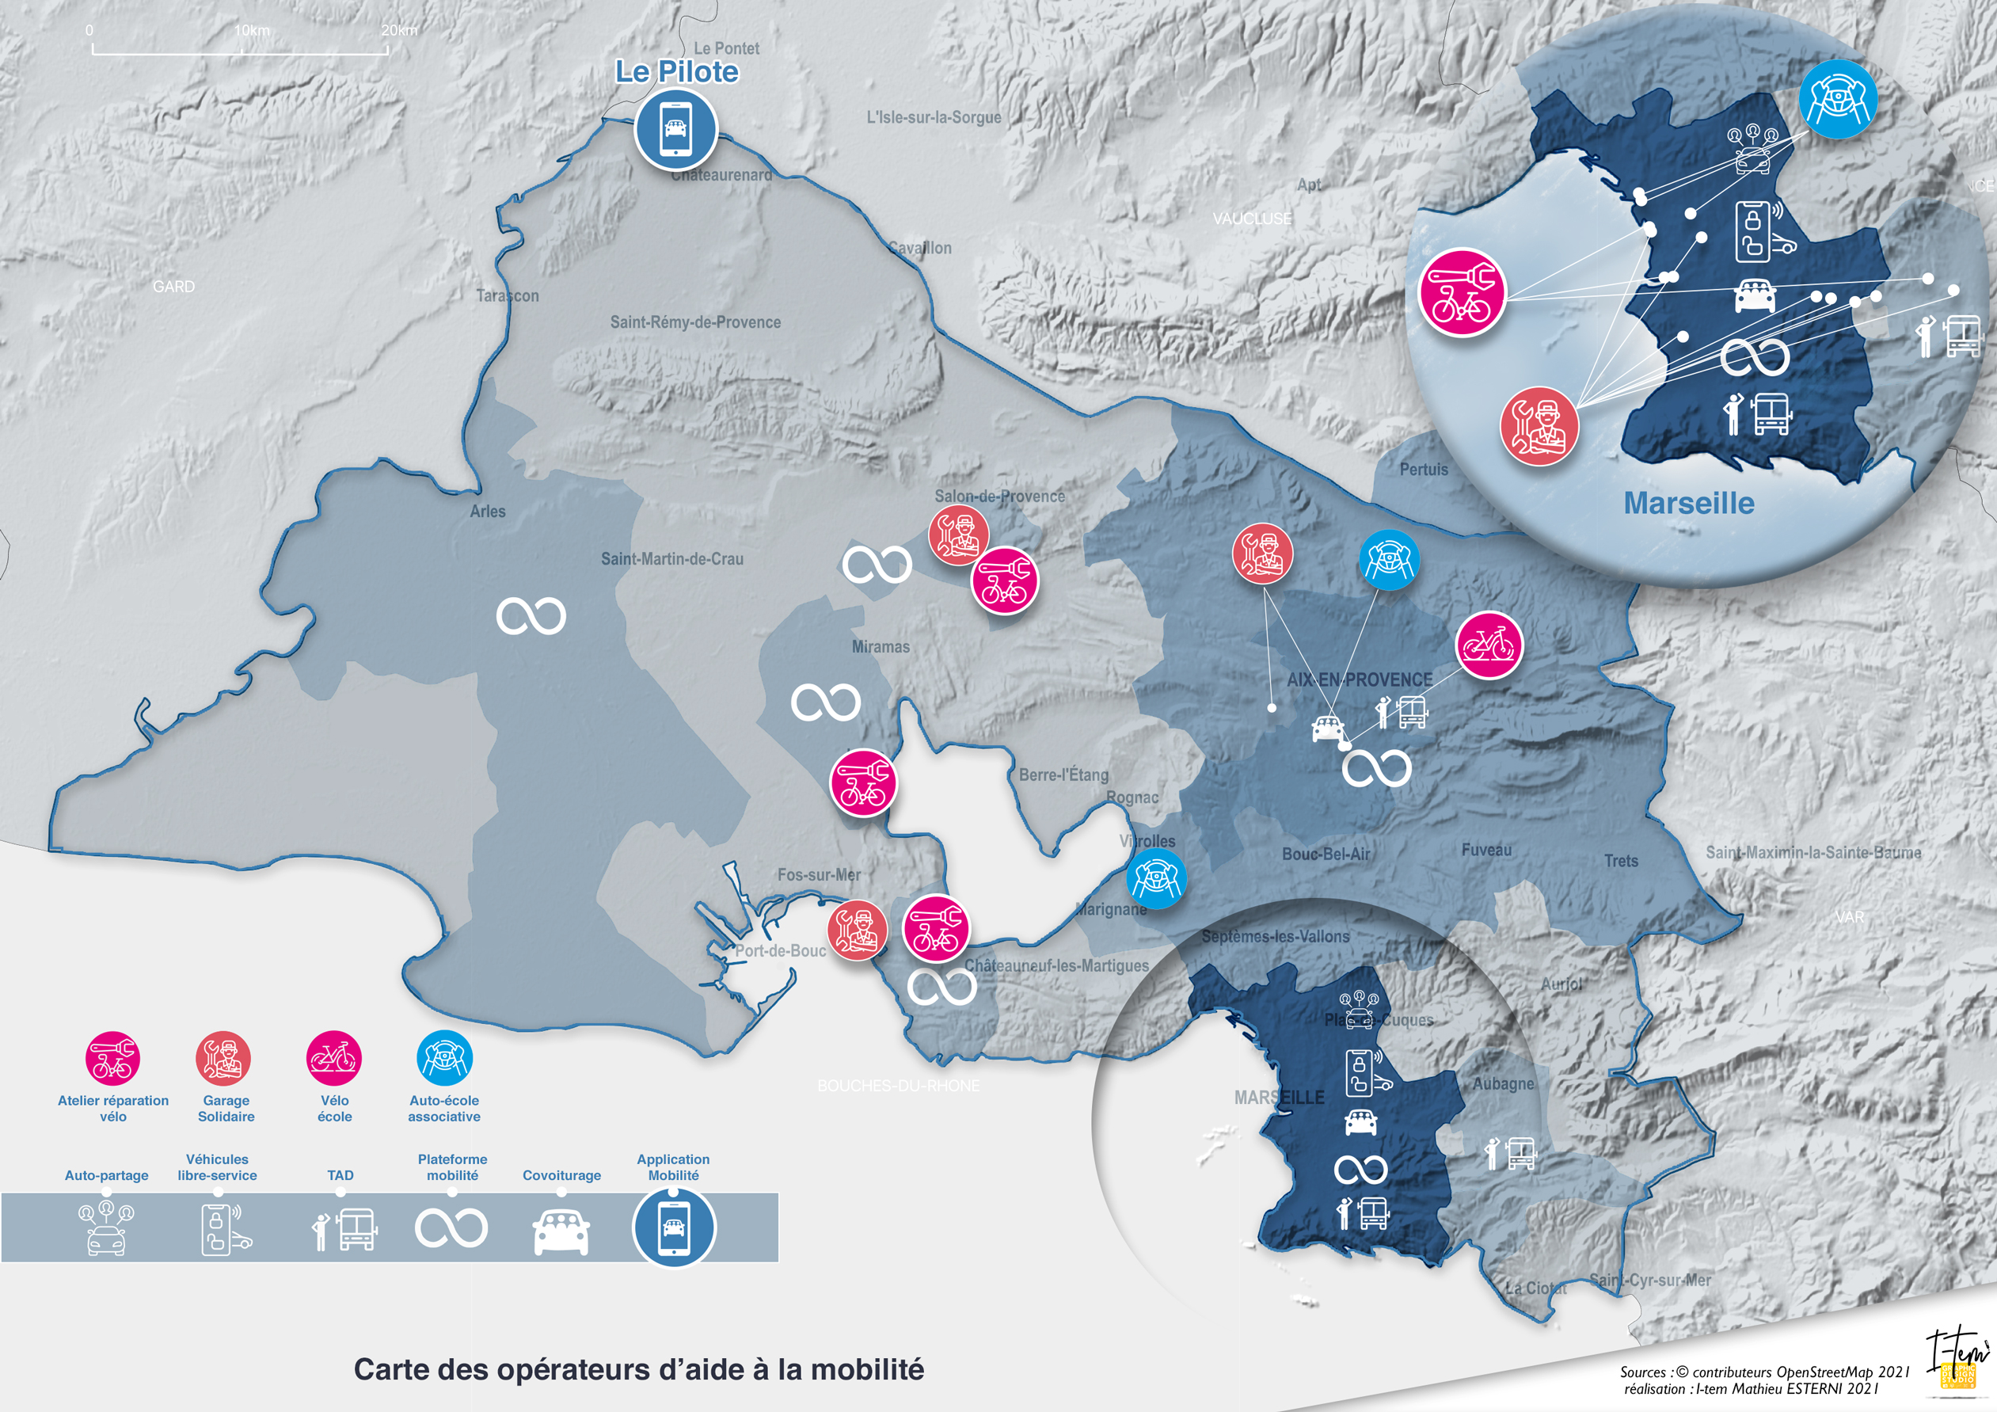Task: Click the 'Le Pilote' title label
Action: tap(677, 71)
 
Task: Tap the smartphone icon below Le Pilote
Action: tap(675, 130)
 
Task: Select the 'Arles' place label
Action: tap(487, 512)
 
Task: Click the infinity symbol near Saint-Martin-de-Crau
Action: tap(531, 616)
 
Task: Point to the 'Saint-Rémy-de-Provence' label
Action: tap(695, 322)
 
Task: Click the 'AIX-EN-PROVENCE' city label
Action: tap(1359, 679)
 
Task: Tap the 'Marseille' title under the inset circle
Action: tap(1688, 503)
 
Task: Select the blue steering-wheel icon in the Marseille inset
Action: tap(1837, 99)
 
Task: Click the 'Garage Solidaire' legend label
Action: tap(226, 1109)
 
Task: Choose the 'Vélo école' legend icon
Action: tap(334, 1058)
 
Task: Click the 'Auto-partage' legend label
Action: tap(106, 1175)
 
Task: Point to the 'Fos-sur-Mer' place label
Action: tap(819, 874)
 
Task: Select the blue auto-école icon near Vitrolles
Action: tap(1156, 879)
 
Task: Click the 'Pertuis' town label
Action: tap(1423, 469)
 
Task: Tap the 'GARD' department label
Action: tap(173, 286)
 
